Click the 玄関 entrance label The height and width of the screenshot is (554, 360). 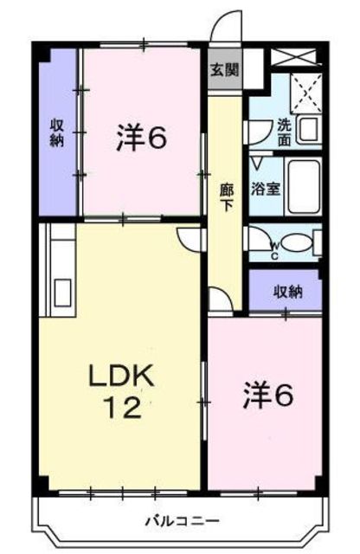point(225,70)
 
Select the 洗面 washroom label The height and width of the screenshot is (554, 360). point(284,132)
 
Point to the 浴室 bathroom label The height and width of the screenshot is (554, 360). point(266,189)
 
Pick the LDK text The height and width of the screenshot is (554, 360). point(121,377)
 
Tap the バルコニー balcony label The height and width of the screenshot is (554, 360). point(183,520)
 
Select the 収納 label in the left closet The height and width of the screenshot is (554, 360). point(56,132)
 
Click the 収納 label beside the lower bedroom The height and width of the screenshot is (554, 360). point(288,292)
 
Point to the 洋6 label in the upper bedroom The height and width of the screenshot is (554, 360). point(141,137)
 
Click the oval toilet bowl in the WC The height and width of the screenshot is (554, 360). point(297,243)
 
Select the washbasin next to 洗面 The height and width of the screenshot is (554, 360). point(309,130)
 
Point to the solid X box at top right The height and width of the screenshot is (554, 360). point(295,57)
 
